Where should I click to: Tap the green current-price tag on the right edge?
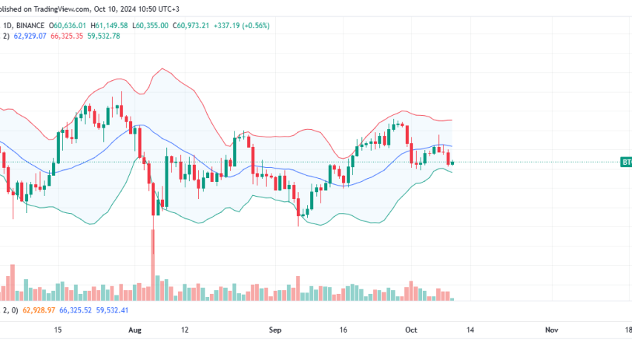pos(626,162)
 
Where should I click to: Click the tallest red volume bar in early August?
pos(154,267)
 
